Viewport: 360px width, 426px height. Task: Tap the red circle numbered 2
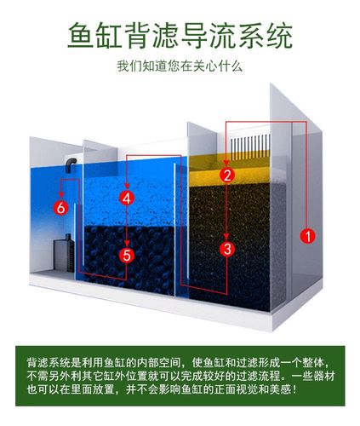click(226, 175)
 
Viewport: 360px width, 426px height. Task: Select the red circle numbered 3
click(226, 249)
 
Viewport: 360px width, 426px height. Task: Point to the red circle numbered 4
click(127, 198)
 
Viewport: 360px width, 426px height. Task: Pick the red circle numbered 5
click(127, 254)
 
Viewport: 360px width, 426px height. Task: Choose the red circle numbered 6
click(60, 207)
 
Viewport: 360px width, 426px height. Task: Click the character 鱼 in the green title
click(82, 37)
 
